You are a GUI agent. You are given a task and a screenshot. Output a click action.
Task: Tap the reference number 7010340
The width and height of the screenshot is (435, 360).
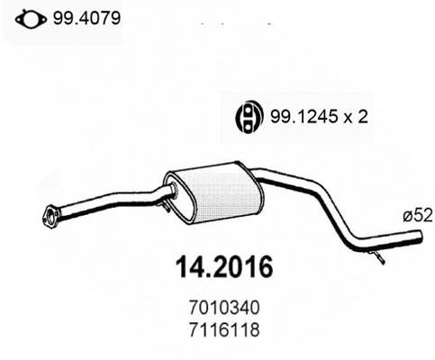pyautogui.click(x=217, y=310)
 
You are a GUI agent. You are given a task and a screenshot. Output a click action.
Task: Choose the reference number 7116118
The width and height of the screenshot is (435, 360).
pyautogui.click(x=217, y=329)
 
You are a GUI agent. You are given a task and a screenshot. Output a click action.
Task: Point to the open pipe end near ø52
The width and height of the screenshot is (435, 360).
pyautogui.click(x=420, y=238)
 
